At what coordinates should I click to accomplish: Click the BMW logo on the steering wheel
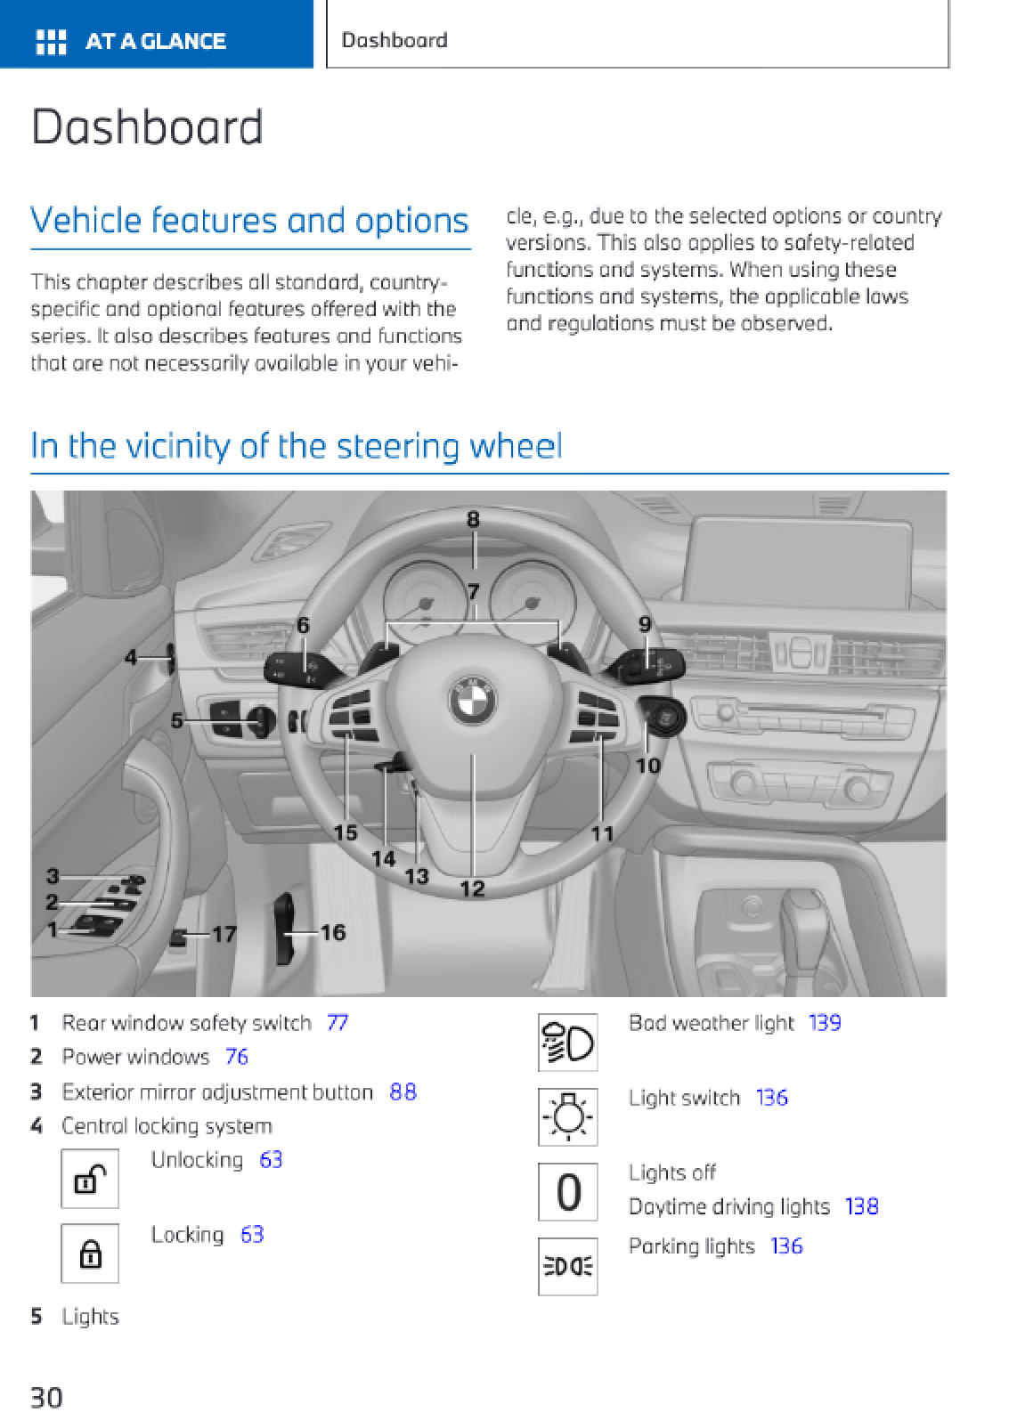[473, 699]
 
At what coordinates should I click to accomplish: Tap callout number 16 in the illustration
[333, 932]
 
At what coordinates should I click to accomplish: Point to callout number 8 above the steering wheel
[473, 519]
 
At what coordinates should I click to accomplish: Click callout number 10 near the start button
[647, 765]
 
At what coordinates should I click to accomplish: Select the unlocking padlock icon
[89, 1179]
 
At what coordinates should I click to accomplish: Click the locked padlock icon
[89, 1254]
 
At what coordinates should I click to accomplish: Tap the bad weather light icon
[567, 1042]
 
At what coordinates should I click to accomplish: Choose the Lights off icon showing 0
[567, 1191]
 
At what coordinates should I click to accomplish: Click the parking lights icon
[567, 1265]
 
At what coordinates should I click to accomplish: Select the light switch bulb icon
[567, 1116]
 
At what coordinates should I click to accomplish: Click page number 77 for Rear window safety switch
[337, 1023]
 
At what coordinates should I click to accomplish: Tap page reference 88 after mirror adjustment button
[403, 1091]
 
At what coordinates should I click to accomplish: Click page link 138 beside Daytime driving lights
[861, 1206]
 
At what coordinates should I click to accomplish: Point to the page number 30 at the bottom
[46, 1396]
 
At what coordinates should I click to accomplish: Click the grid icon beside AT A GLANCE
[51, 41]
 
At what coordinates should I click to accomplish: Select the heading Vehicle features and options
[249, 220]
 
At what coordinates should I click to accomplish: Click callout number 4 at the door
[131, 658]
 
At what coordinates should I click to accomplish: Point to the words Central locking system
[167, 1126]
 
